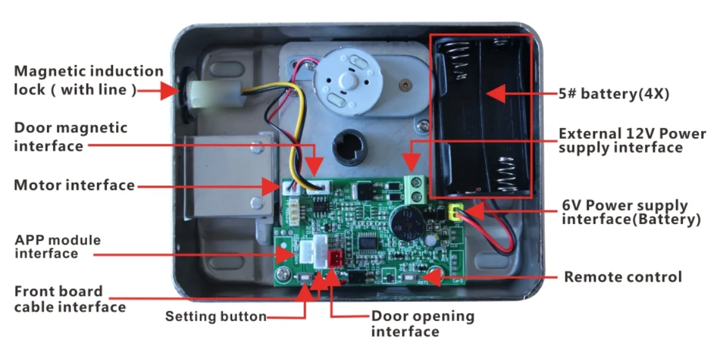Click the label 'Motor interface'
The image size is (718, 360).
click(74, 185)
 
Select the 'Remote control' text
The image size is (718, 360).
click(623, 277)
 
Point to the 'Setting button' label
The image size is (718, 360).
click(215, 317)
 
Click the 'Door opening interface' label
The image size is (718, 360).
click(422, 324)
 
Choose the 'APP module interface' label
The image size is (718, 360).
click(57, 246)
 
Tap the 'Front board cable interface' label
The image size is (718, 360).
click(70, 299)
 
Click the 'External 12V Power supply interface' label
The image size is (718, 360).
click(632, 141)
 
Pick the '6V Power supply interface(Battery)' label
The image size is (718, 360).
click(631, 212)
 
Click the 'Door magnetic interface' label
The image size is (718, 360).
click(70, 137)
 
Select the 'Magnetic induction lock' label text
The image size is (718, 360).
click(88, 80)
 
